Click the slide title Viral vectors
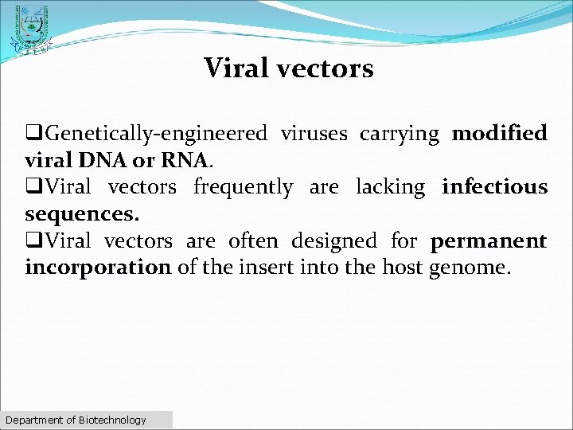point(288,68)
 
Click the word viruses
point(314,133)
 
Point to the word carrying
point(399,134)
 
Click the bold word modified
point(499,133)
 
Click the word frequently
point(244,187)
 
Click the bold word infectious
point(494,187)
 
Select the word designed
point(335,240)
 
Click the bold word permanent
point(489,241)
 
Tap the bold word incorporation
point(98,268)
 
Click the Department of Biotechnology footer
point(76,420)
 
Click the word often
point(253,240)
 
